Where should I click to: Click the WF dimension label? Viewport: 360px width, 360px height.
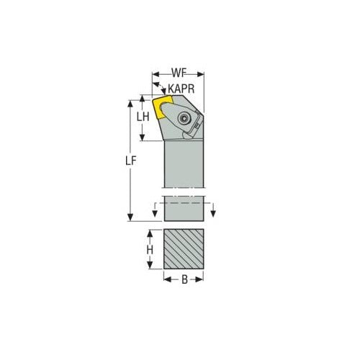click(179, 73)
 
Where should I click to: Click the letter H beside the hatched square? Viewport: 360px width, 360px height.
click(150, 250)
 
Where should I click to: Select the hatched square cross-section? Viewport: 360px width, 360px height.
click(184, 250)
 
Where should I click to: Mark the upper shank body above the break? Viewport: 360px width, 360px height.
click(184, 166)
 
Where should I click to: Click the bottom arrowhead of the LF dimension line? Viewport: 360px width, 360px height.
click(131, 220)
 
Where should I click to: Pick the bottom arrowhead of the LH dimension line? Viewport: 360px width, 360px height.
click(143, 138)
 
